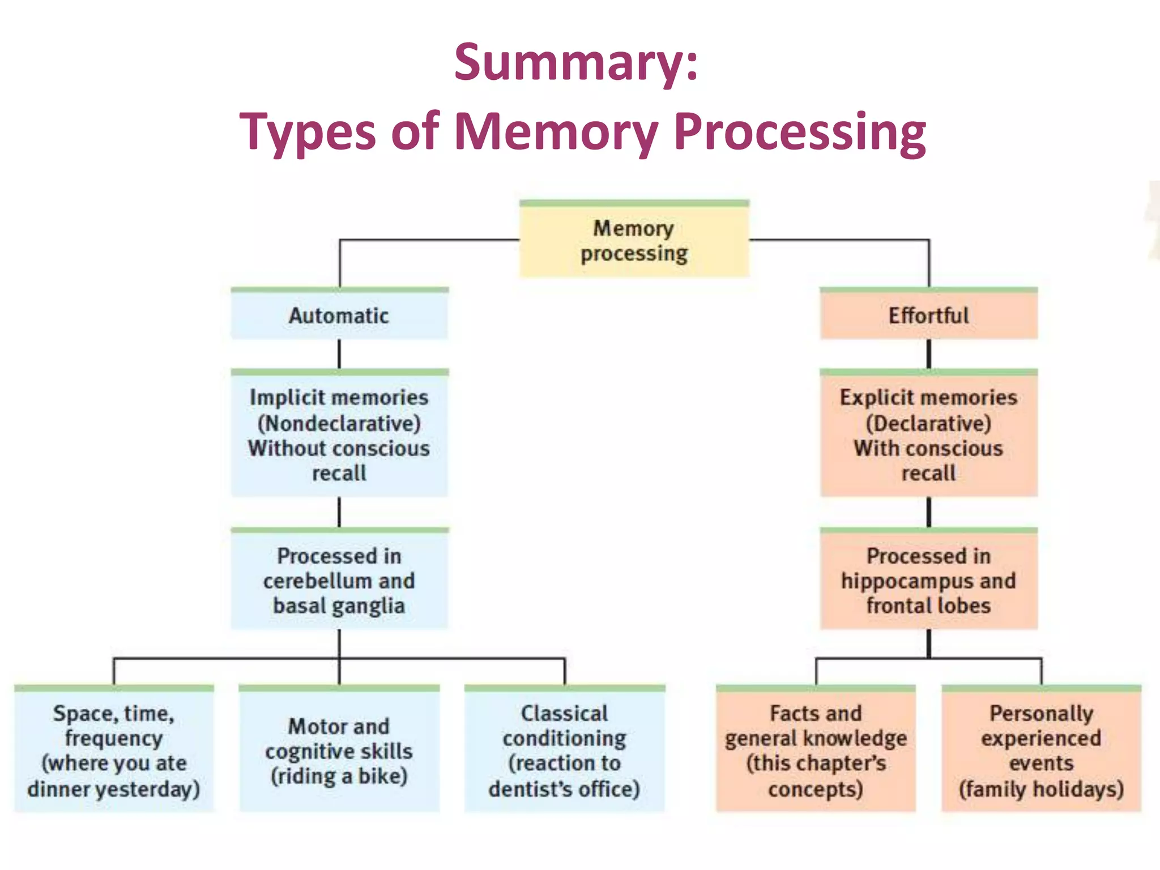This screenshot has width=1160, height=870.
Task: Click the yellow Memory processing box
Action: [634, 241]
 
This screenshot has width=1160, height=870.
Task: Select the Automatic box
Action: [339, 315]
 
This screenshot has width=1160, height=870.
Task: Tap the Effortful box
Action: [928, 315]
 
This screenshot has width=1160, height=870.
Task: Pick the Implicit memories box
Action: [339, 435]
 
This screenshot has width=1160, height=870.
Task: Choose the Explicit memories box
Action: [928, 435]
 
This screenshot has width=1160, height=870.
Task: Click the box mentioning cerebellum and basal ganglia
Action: [339, 581]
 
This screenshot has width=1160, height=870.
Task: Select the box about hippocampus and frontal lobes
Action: [928, 581]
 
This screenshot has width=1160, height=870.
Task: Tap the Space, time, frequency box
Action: [113, 750]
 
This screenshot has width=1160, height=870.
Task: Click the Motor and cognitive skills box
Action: [339, 750]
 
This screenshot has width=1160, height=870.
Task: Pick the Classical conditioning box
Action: [564, 750]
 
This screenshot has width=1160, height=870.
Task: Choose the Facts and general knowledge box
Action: [816, 750]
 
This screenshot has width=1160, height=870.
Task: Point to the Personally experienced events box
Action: [1041, 750]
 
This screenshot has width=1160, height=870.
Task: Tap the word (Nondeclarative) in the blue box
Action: [339, 423]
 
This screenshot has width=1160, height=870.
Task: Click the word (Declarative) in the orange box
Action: [928, 423]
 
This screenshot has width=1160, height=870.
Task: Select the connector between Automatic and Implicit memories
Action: [339, 354]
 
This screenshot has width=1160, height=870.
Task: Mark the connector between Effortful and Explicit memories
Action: [929, 354]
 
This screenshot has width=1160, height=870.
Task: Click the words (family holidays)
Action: [1041, 789]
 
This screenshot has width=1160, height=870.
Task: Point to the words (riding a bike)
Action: [339, 776]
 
